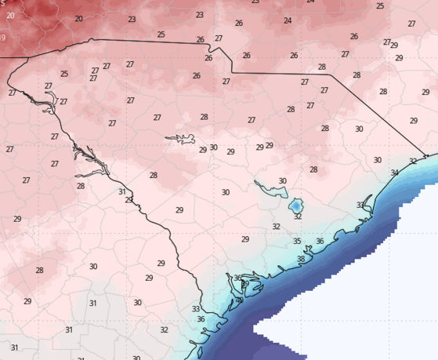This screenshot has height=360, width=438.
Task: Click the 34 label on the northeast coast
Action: coord(394,173)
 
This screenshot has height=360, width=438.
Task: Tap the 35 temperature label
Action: coord(297,242)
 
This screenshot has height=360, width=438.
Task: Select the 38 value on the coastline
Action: coord(300,259)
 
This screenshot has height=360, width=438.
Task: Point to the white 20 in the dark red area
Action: coord(10,16)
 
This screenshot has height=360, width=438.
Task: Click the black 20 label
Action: coord(78,19)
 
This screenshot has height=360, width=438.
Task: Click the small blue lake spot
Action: coord(297,205)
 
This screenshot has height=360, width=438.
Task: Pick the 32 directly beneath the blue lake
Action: coord(298,216)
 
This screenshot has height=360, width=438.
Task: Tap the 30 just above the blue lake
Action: coord(282,181)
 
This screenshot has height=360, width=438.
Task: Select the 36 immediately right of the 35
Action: coord(320,242)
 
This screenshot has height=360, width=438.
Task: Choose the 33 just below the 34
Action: coord(360,205)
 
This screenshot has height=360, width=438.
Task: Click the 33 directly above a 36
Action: coord(196,309)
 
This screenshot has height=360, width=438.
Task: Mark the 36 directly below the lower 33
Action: coord(201,319)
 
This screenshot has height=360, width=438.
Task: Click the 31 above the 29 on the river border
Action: coord(121,191)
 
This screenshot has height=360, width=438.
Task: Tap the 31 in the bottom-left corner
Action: coord(14,347)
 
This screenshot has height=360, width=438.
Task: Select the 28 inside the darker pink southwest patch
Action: coord(39,271)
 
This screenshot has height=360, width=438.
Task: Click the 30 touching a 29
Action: coord(213,147)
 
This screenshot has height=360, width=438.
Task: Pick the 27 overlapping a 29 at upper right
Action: coord(387,42)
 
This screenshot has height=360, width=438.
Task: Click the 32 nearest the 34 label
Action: coord(413,162)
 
